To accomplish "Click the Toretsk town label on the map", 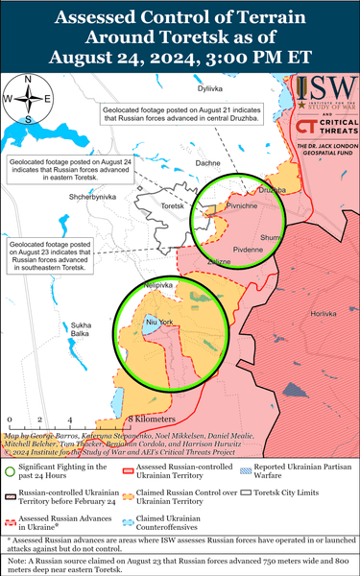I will [173, 205].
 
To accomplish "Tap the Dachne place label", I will [208, 164].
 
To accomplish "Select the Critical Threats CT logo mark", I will [307, 131].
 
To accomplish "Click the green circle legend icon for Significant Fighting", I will [12, 468].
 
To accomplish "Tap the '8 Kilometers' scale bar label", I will [152, 420].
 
